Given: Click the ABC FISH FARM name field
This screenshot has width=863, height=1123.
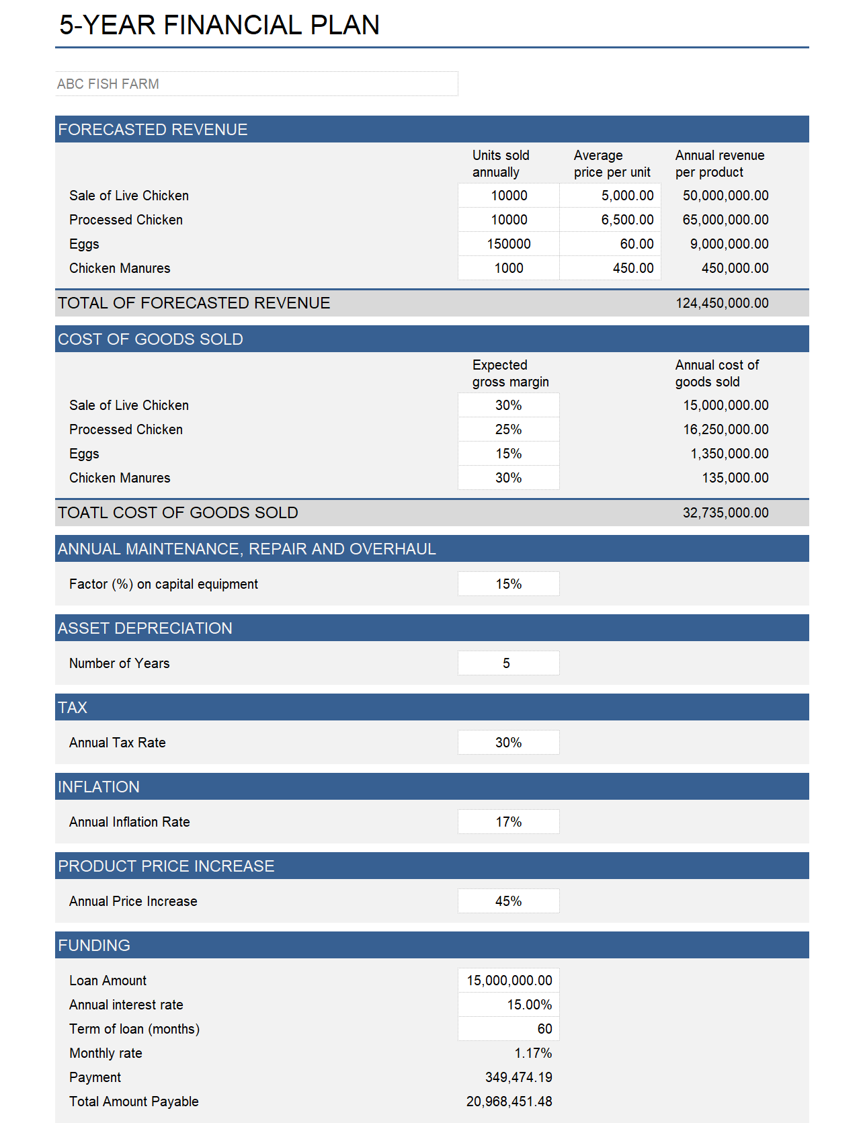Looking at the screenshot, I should tap(255, 84).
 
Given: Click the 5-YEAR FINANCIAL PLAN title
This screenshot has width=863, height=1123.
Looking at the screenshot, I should tap(219, 26).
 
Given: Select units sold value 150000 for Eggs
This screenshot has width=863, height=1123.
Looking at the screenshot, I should tap(509, 244).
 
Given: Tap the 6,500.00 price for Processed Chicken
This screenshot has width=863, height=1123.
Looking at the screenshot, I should tap(626, 220).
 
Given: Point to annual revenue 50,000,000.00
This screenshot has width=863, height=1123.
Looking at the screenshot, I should tap(725, 196).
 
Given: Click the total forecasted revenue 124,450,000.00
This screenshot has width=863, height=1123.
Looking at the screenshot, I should tap(722, 303).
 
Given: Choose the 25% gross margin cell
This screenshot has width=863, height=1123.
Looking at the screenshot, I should tap(509, 429).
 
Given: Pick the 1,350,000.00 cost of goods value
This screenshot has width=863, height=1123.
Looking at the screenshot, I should tap(729, 454).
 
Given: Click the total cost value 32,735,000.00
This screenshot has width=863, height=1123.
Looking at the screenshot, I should tap(725, 513).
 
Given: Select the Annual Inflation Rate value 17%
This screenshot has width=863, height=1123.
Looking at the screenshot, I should tap(509, 822).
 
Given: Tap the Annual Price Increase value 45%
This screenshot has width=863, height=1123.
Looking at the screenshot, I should tap(509, 901).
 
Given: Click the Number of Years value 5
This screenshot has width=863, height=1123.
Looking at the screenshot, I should tap(507, 663).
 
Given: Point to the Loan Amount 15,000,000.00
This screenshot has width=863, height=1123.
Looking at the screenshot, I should tap(509, 981).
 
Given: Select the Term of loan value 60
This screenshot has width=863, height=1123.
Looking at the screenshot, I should tap(544, 1029).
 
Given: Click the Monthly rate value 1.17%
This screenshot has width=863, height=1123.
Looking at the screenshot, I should tap(533, 1053).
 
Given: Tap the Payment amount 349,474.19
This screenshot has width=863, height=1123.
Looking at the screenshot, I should tap(518, 1077).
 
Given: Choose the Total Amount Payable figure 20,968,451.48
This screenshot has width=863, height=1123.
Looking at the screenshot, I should tap(509, 1101).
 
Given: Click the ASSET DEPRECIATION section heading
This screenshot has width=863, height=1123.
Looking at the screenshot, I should tap(145, 628).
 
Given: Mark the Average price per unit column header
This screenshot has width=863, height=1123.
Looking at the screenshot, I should tap(611, 163).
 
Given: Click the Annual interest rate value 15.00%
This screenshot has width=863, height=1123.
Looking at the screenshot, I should tap(529, 1005).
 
